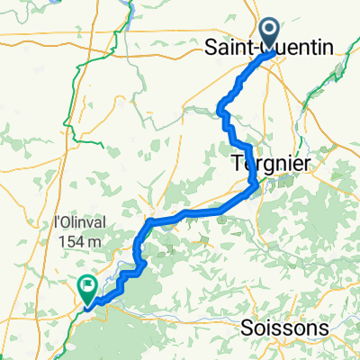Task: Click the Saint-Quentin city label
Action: coord(280,47)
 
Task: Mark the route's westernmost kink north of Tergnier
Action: coord(220,111)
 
